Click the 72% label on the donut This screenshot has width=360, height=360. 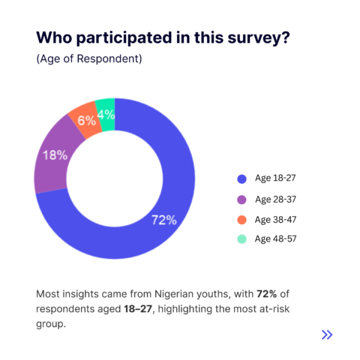(164, 220)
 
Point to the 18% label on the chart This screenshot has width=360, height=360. (55, 155)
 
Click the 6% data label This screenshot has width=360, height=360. (86, 121)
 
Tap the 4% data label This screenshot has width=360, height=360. (106, 115)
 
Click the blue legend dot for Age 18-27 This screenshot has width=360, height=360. (241, 178)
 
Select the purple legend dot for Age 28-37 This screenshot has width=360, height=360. (241, 199)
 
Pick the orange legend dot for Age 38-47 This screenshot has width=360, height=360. (241, 220)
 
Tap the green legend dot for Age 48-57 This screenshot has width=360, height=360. (241, 239)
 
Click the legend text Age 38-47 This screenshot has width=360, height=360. (275, 220)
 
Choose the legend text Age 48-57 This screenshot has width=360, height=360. (275, 239)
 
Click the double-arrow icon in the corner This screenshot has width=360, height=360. (327, 334)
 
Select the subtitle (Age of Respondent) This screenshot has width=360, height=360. (89, 59)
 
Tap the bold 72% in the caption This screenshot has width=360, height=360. (266, 294)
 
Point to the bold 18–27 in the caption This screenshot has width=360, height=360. (138, 309)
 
